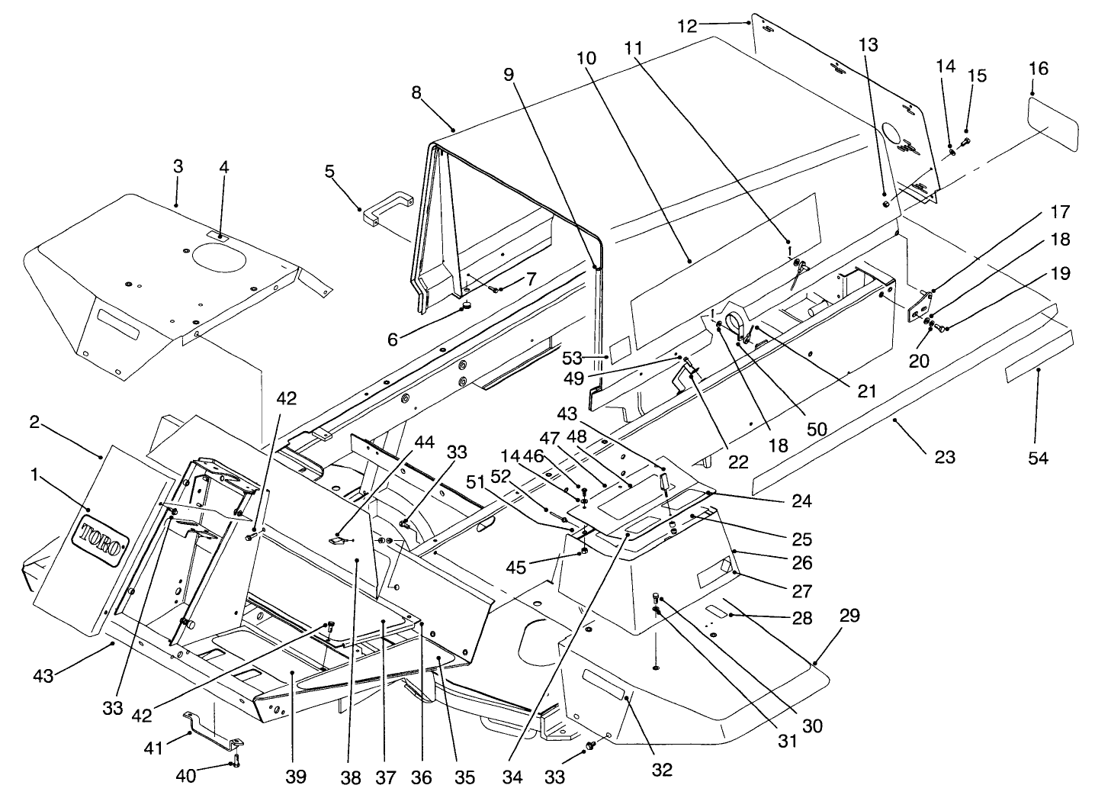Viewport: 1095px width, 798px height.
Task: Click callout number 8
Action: tap(416, 93)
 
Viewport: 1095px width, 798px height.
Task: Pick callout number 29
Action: tap(849, 614)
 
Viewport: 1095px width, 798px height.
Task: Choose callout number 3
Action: tap(177, 166)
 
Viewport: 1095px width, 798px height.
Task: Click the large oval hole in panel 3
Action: tap(219, 256)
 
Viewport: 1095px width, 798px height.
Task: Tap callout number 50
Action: tap(817, 429)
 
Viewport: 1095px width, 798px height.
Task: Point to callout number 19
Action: tap(1059, 272)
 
